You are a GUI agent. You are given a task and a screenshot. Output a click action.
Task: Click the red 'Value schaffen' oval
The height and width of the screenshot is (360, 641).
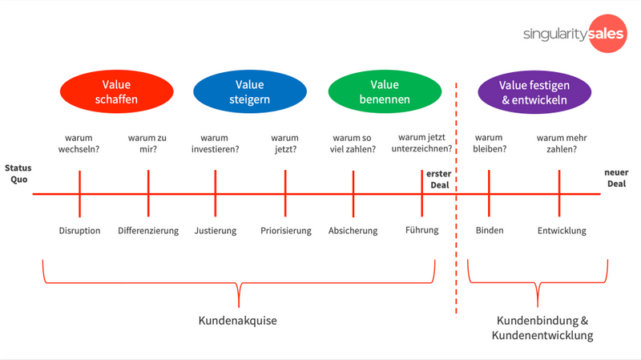(x=116, y=92)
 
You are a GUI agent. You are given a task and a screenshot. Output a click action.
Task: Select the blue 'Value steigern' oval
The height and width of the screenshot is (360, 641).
(x=249, y=92)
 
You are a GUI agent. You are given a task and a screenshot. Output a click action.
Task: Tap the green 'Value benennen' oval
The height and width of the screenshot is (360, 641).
(x=385, y=92)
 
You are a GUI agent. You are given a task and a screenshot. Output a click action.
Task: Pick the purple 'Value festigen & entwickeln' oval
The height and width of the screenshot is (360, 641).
(x=534, y=92)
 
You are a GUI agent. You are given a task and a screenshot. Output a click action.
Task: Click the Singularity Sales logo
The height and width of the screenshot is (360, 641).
(x=574, y=34)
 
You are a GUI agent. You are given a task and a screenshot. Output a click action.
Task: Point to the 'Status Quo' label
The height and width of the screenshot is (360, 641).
(x=18, y=173)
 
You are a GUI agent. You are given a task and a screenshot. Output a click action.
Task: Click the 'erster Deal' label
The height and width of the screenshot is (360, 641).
(x=438, y=179)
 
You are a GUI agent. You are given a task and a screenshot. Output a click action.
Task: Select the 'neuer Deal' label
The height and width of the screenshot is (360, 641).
(x=616, y=178)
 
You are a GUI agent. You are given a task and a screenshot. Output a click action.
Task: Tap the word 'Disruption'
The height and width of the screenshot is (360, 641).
(x=79, y=231)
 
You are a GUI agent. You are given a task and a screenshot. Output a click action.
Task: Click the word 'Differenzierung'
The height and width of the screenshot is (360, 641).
(x=148, y=231)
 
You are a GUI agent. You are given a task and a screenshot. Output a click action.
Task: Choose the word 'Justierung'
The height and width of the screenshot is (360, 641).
(x=216, y=231)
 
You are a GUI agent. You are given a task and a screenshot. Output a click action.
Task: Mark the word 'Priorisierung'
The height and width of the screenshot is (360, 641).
(x=285, y=231)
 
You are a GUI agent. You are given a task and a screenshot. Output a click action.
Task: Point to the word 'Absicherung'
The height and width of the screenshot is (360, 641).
(x=353, y=231)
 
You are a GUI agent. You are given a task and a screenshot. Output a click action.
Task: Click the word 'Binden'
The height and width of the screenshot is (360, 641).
(x=490, y=231)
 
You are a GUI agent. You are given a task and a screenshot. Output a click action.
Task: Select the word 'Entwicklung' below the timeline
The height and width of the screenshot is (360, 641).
(x=562, y=231)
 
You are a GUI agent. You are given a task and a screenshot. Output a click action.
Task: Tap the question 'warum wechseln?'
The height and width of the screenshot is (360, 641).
(x=79, y=143)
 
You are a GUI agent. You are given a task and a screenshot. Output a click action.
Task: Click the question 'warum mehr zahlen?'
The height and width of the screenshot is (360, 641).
(x=562, y=143)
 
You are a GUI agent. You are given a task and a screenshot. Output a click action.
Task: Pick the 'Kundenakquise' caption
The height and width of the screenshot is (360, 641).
(x=237, y=321)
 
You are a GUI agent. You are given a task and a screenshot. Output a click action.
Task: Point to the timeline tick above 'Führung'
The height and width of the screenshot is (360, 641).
(x=422, y=193)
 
